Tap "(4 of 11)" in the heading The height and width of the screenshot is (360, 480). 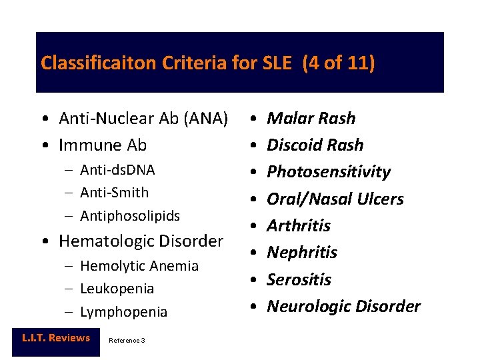pyautogui.click(x=339, y=63)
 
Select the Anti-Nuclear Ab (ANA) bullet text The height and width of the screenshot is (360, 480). pyautogui.click(x=143, y=119)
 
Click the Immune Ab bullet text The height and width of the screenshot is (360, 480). pyautogui.click(x=103, y=145)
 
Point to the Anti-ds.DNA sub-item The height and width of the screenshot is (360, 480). pyautogui.click(x=117, y=170)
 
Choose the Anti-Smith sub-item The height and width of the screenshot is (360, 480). pyautogui.click(x=114, y=193)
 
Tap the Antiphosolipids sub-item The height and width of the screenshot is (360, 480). pyautogui.click(x=129, y=216)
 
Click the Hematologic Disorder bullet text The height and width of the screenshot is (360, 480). pyautogui.click(x=141, y=241)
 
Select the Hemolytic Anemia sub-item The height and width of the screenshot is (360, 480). pyautogui.click(x=139, y=266)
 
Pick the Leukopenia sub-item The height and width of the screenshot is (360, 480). pyautogui.click(x=117, y=289)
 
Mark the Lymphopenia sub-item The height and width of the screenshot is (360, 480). pyautogui.click(x=123, y=312)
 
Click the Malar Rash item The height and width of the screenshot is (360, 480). pyautogui.click(x=311, y=119)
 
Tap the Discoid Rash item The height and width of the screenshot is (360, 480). pyautogui.click(x=315, y=145)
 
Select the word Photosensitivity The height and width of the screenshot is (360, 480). pyautogui.click(x=328, y=172)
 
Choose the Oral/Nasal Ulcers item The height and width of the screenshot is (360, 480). pyautogui.click(x=335, y=199)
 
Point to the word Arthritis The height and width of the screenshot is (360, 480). pyautogui.click(x=298, y=225)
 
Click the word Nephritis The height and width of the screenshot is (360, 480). pyautogui.click(x=301, y=252)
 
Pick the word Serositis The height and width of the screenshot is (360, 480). pyautogui.click(x=299, y=279)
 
